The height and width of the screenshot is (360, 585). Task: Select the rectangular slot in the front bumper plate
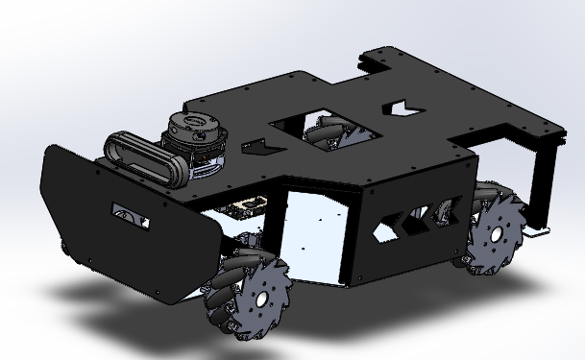pyautogui.click(x=130, y=215)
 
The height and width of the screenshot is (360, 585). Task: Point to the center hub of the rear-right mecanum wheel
pyautogui.click(x=495, y=233)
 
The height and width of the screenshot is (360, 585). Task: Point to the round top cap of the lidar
pyautogui.click(x=192, y=123)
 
